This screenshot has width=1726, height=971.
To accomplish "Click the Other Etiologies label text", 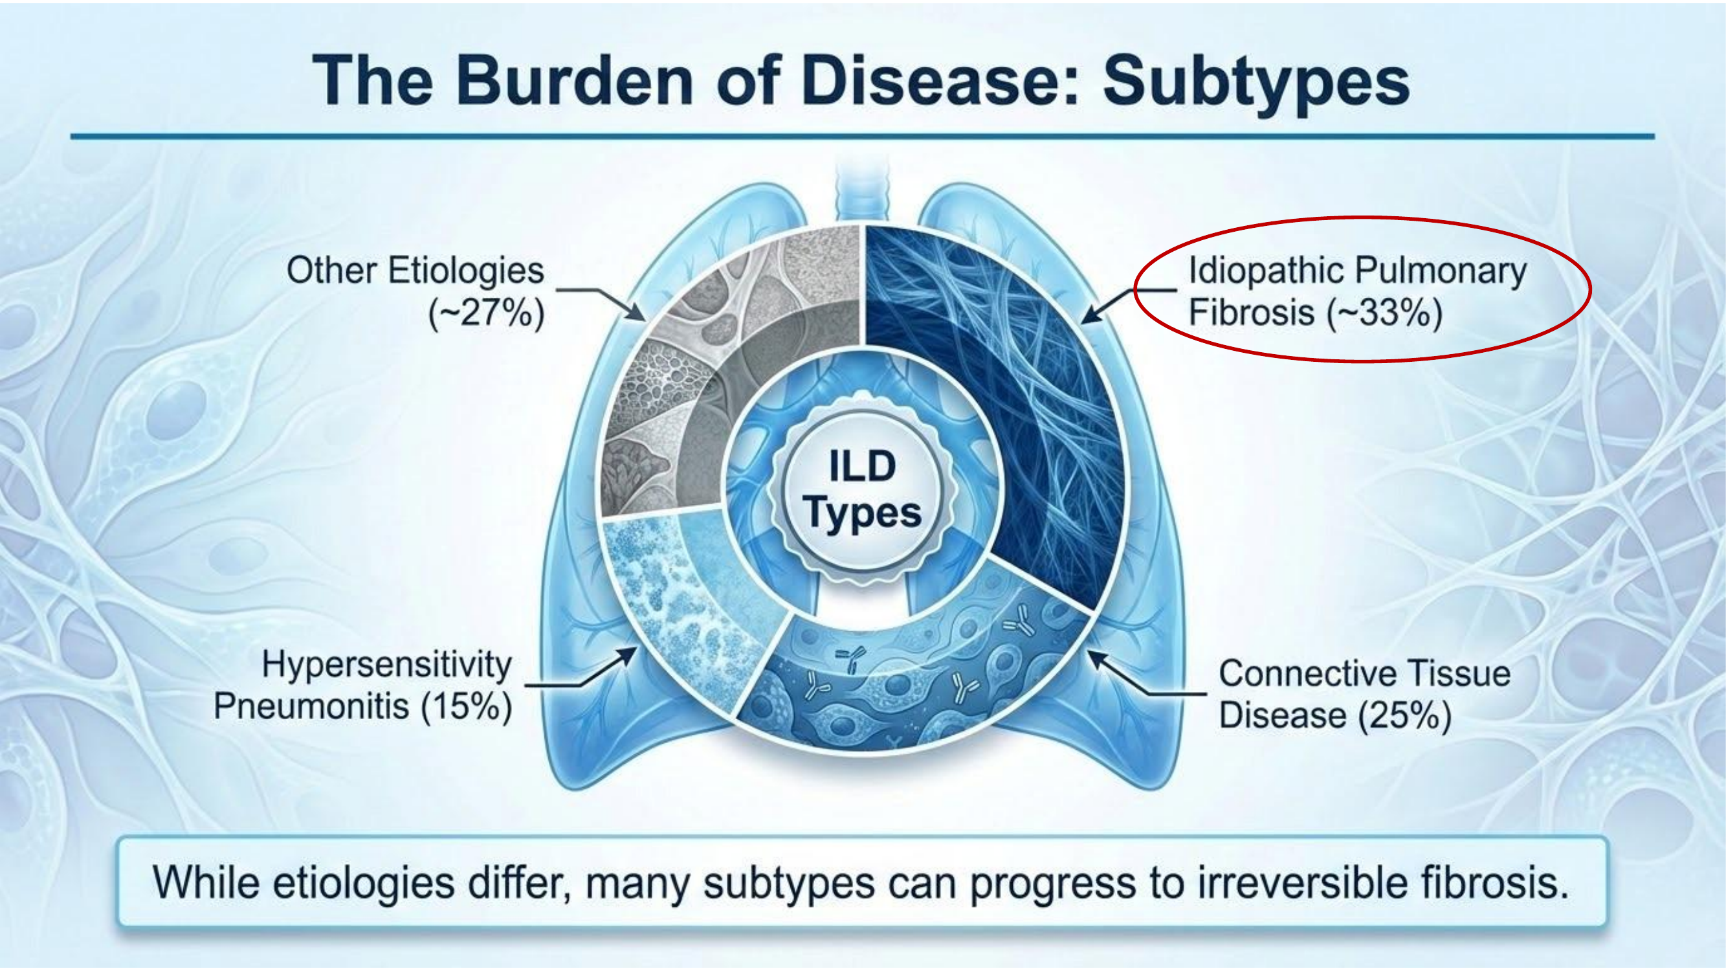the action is [x=415, y=271].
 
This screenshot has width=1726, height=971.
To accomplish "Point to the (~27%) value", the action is [x=487, y=313].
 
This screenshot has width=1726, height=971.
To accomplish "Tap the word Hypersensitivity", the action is [x=386, y=665].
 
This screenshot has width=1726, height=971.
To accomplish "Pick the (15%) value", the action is [x=467, y=707].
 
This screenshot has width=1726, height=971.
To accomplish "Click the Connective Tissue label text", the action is [x=1364, y=673].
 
